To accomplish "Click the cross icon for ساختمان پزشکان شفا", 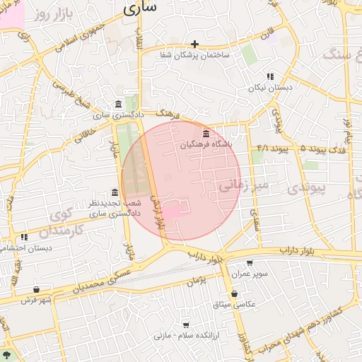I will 194,44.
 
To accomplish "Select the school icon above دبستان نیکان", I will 269,76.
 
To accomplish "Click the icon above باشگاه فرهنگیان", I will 206,134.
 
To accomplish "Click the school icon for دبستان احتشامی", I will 24,237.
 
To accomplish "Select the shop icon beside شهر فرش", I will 36,289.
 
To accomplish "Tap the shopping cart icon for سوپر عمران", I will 250,263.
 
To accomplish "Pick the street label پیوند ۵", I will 311,149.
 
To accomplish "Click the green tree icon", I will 7,355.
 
